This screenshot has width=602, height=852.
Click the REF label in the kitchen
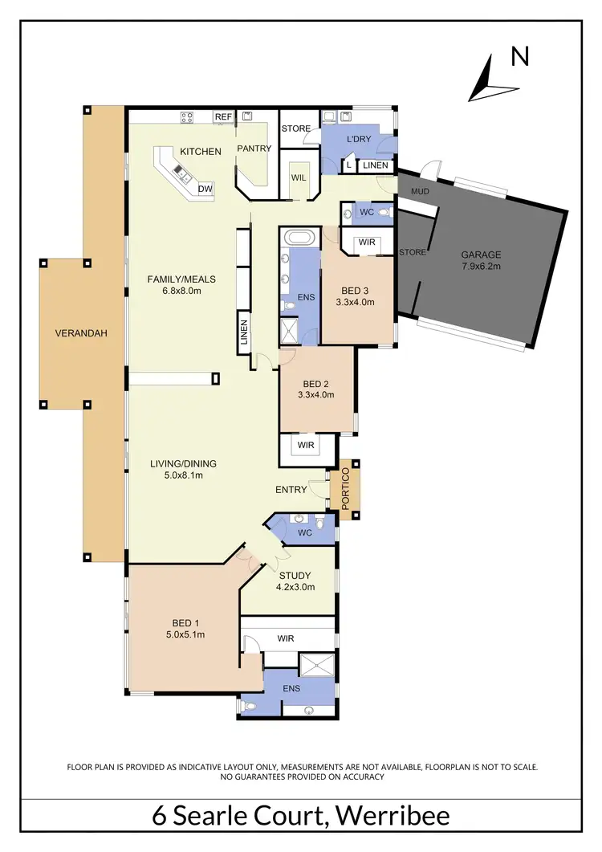coord(222,117)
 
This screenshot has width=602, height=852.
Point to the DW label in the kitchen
coord(205,189)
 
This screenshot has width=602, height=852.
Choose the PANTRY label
coord(254,149)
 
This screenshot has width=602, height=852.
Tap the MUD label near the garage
coord(419,191)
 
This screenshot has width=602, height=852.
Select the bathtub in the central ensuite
coord(299,238)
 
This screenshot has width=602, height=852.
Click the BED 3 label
coord(355,296)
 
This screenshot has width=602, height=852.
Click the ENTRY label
coord(291,489)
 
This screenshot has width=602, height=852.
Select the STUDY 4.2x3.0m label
coord(296,581)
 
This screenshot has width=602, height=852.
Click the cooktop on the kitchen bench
coord(187,117)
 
